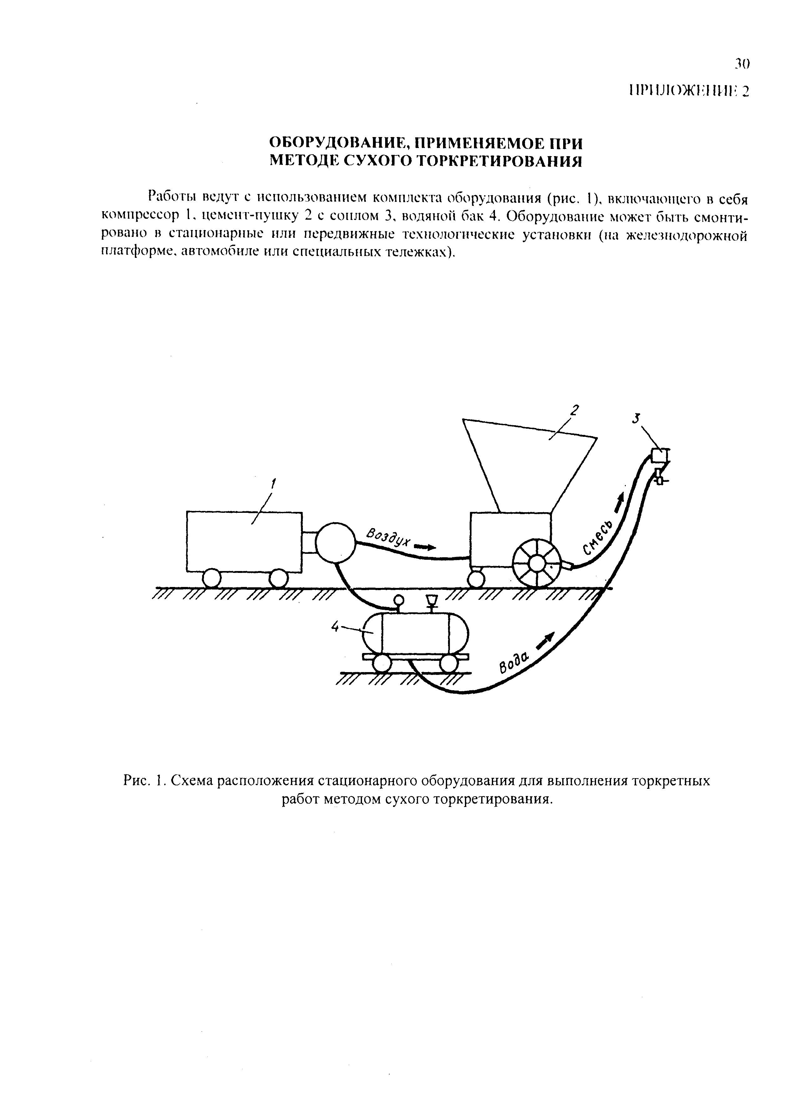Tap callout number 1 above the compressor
[274, 483]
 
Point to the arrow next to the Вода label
[545, 641]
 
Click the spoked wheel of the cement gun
[536, 564]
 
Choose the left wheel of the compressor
[212, 578]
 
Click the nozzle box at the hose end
[658, 456]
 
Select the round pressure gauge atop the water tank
[399, 600]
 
